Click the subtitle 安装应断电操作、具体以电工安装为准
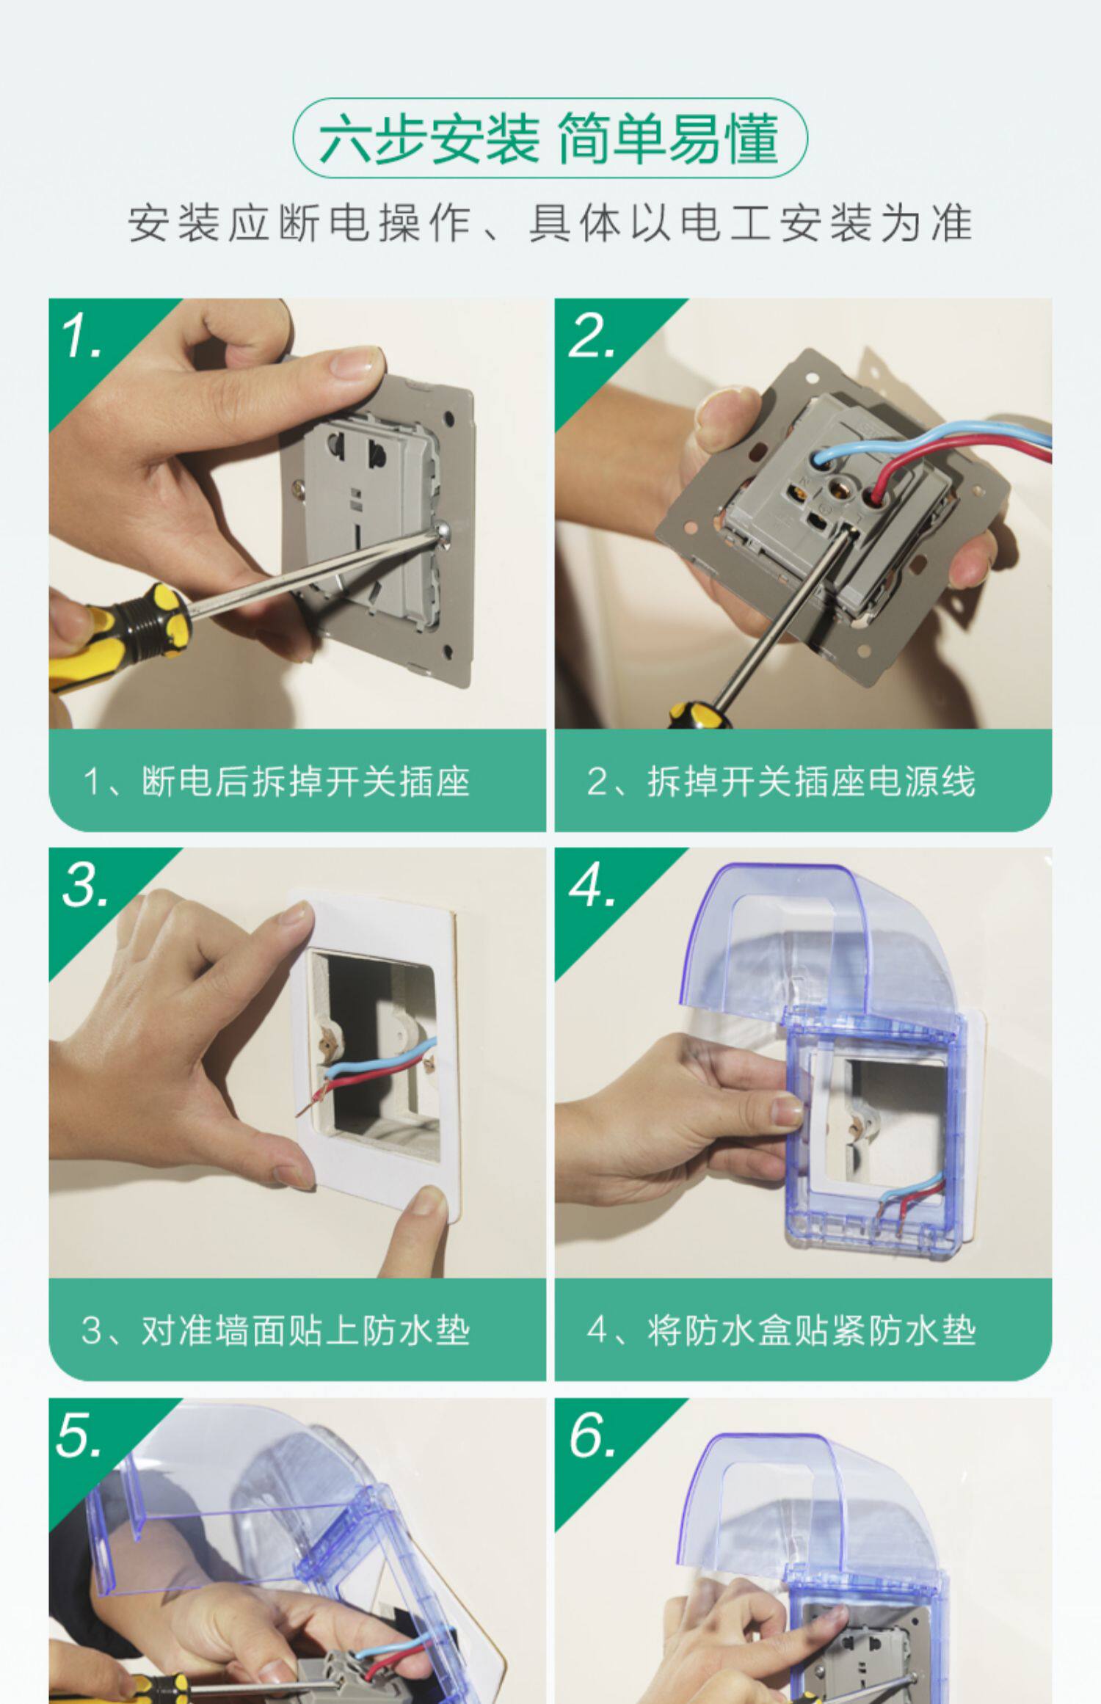pos(550,223)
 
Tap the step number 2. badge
pos(592,337)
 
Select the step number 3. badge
pos(86,886)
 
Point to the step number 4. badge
pos(592,886)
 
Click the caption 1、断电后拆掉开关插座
pos(277,781)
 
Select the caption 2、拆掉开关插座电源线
pos(781,781)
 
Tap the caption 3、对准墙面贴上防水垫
pos(276,1330)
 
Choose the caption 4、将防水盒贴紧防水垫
pos(781,1330)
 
